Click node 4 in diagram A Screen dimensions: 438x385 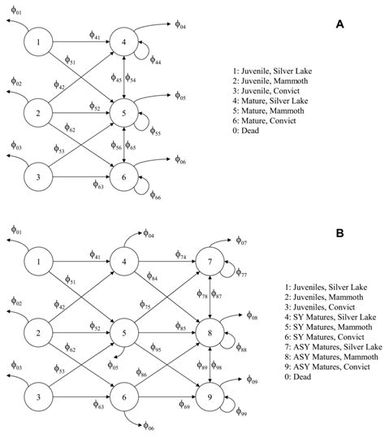pyautogui.click(x=123, y=41)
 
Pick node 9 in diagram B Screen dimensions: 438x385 pyautogui.click(x=211, y=398)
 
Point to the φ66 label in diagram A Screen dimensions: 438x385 pyautogui.click(x=154, y=196)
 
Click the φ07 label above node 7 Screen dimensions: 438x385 pyautogui.click(x=241, y=241)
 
